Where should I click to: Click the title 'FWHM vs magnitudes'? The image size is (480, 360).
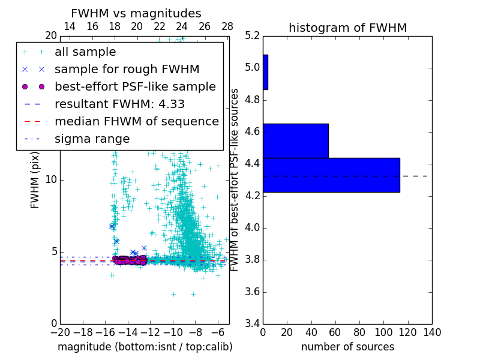(x=136, y=13)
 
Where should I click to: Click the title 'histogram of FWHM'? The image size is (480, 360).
(x=347, y=28)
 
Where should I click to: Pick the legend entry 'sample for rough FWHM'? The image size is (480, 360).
(x=127, y=69)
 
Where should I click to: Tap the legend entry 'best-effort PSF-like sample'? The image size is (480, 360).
(x=135, y=86)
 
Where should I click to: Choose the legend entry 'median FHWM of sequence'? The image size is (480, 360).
(x=136, y=121)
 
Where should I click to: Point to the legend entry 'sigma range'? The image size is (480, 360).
(x=92, y=139)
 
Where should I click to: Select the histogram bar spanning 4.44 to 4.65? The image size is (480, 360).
(x=296, y=140)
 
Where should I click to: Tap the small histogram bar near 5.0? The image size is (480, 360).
(x=265, y=72)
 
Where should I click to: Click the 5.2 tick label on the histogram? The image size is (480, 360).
(x=253, y=35)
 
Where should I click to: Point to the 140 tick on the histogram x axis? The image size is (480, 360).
(x=431, y=332)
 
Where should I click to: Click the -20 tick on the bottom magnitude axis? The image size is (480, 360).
(x=60, y=332)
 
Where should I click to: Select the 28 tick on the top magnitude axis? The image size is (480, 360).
(x=227, y=26)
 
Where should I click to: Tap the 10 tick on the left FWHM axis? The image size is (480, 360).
(x=51, y=179)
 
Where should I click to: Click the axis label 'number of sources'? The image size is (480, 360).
(x=347, y=347)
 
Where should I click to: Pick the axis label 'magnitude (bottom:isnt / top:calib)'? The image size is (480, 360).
(x=145, y=347)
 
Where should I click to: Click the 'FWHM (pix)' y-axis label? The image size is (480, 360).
(x=35, y=179)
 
